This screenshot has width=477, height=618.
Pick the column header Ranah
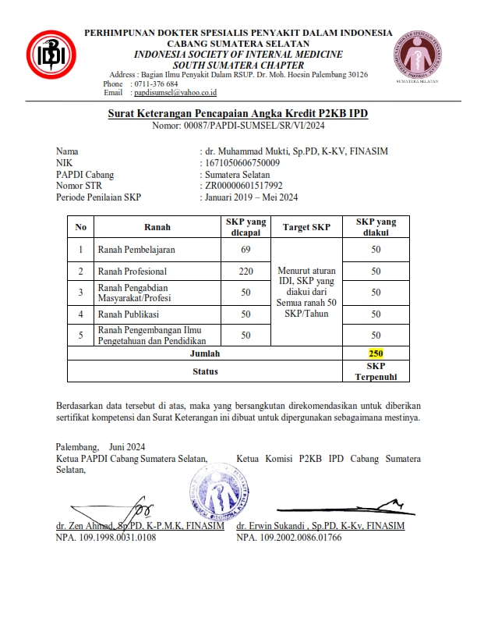[x=157, y=228]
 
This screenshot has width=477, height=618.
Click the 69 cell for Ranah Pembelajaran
[x=246, y=250]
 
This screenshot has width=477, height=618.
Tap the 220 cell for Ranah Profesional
[x=246, y=271]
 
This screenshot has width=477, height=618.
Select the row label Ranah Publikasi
[x=128, y=314]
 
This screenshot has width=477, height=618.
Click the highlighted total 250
[x=376, y=353]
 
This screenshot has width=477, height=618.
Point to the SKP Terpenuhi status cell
[x=376, y=371]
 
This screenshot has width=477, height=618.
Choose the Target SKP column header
[x=306, y=228]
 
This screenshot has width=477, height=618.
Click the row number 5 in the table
[x=80, y=335]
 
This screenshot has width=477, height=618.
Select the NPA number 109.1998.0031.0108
[x=105, y=538]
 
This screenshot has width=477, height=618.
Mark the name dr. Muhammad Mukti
[x=246, y=151]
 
